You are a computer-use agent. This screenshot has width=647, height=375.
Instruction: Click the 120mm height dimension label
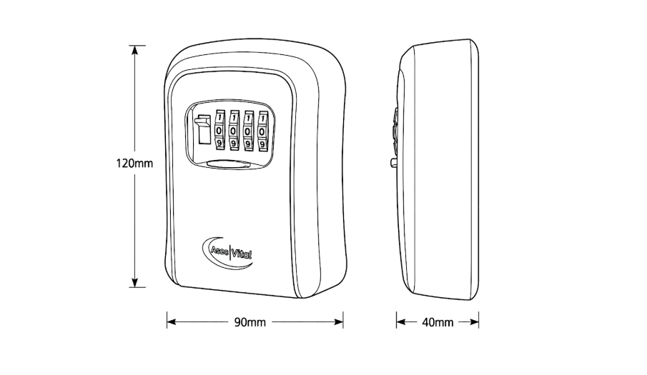(x=134, y=164)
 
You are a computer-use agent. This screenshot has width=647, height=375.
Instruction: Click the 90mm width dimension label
(x=250, y=322)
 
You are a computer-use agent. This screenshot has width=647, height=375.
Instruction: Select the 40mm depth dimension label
(x=438, y=322)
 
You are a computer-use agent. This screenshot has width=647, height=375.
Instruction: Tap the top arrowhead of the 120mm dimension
(x=134, y=50)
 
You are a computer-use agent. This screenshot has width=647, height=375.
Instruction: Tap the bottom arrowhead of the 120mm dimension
(x=134, y=282)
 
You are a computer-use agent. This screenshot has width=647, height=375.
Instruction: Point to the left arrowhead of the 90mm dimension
(x=172, y=322)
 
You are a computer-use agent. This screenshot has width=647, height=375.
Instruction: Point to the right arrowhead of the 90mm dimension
(x=338, y=322)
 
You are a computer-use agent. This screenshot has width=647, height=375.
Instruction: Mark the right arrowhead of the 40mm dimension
(x=474, y=322)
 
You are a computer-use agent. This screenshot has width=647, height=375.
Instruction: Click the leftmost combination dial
(x=219, y=130)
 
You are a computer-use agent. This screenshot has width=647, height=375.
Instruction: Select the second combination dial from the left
(x=234, y=130)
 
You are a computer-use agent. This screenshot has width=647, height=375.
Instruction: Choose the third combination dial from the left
(x=248, y=131)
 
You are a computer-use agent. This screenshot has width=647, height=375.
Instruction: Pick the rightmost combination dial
(x=262, y=131)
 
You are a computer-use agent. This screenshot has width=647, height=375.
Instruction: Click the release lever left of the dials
(x=202, y=129)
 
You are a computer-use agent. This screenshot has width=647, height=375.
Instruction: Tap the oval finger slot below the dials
(x=229, y=164)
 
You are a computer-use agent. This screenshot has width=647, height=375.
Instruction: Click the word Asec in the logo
(x=219, y=251)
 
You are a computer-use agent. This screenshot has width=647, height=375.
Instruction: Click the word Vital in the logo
(x=242, y=254)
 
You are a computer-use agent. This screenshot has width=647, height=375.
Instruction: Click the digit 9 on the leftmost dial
(x=219, y=143)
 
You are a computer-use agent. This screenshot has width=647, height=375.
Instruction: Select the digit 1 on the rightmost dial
(x=262, y=119)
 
